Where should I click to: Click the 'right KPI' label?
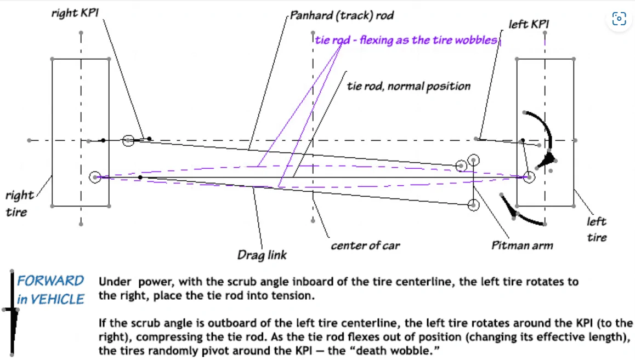pyautogui.click(x=75, y=13)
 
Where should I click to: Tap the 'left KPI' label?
pyautogui.click(x=529, y=24)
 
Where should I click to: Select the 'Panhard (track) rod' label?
pyautogui.click(x=342, y=16)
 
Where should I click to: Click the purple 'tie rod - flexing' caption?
pyautogui.click(x=406, y=40)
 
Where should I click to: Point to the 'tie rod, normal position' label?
pyautogui.click(x=409, y=86)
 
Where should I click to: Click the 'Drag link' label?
pyautogui.click(x=262, y=255)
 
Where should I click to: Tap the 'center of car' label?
pyautogui.click(x=365, y=245)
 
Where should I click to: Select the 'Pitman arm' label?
pyautogui.click(x=522, y=245)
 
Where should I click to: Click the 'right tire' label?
pyautogui.click(x=19, y=203)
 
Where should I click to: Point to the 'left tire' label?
pyautogui.click(x=597, y=229)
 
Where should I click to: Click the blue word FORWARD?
pyautogui.click(x=50, y=281)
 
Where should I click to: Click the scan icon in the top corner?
pyautogui.click(x=619, y=19)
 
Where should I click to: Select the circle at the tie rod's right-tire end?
pyautogui.click(x=95, y=177)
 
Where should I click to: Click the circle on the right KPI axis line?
pyautogui.click(x=128, y=140)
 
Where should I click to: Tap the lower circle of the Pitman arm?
pyautogui.click(x=473, y=205)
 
